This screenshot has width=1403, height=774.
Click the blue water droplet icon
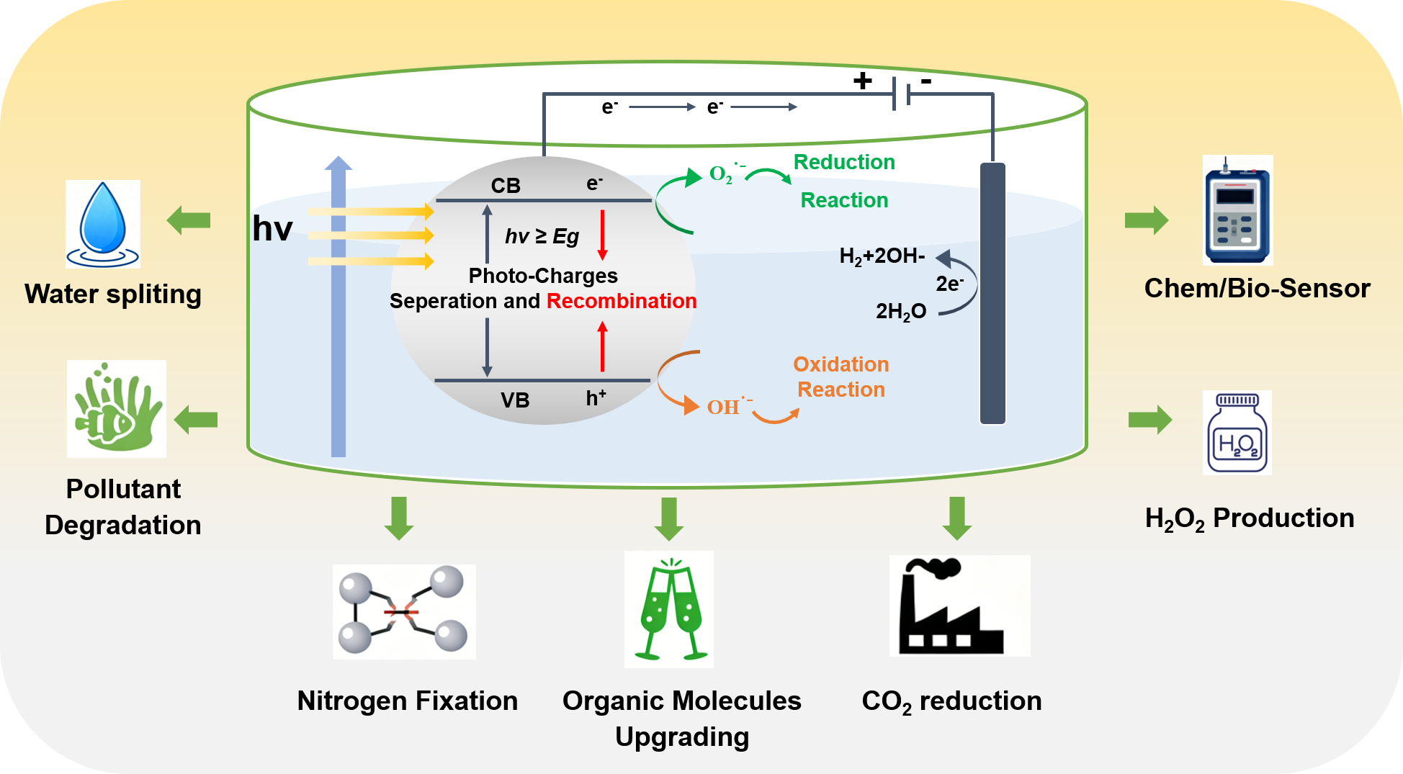pos(103,223)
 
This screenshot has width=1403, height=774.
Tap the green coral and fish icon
pos(117,409)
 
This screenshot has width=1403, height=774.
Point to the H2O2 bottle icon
pos(1237,433)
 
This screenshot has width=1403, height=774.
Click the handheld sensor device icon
pos(1237,210)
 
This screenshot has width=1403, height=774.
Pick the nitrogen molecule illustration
pos(404,611)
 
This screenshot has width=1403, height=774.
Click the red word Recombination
pos(622,301)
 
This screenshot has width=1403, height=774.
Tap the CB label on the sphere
pos(506,186)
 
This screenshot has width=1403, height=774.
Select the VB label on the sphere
pos(515,400)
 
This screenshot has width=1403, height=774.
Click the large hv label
pos(272,229)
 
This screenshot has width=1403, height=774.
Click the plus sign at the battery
pos(862,81)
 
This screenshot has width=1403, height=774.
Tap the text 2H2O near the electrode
pos(901,312)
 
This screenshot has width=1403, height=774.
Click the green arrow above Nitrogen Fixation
pos(399,518)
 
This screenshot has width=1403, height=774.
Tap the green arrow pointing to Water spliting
pos(189,220)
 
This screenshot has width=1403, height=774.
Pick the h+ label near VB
pos(596,397)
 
